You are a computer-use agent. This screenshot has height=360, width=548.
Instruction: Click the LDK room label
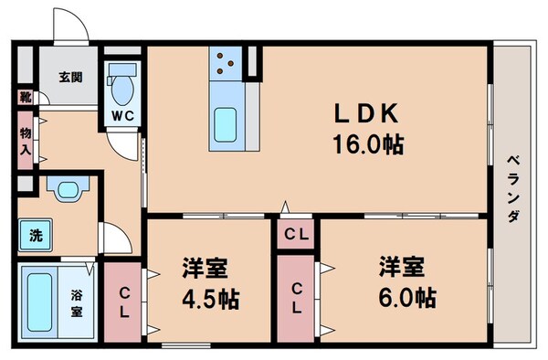366,113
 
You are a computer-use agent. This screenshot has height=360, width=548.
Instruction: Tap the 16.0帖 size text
368,144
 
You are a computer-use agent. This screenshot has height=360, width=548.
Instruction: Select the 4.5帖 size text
211,299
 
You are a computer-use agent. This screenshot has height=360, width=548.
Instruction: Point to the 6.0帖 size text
407,298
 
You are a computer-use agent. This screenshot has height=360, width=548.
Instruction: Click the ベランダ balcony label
513,189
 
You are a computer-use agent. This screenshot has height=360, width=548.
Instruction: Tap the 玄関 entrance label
70,77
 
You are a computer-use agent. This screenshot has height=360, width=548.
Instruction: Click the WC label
123,116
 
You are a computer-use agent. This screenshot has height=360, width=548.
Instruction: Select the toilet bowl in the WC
121,84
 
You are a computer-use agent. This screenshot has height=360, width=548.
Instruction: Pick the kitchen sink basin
225,125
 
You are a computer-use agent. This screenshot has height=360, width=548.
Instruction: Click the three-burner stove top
226,63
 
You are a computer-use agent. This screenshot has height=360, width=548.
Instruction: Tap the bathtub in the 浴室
39,302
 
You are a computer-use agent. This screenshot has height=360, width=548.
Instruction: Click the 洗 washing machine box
36,235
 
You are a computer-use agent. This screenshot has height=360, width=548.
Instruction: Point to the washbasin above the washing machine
68,189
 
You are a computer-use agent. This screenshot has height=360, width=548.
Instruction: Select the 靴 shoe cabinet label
26,97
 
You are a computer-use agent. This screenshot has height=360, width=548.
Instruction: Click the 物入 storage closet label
26,141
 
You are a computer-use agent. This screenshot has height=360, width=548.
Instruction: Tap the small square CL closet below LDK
296,234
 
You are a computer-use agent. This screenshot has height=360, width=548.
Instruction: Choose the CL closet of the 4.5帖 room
122,302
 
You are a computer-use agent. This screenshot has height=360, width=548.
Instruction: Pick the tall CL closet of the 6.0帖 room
296,299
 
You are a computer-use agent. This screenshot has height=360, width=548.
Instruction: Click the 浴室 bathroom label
77,303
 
